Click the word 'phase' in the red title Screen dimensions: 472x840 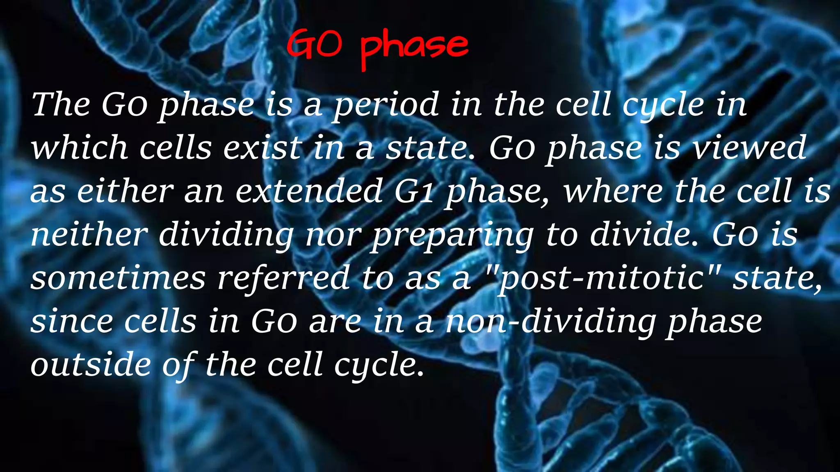(x=414, y=47)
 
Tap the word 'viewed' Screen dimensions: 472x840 (x=749, y=148)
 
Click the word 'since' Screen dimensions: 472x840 (x=72, y=322)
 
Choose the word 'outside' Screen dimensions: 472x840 (x=91, y=365)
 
